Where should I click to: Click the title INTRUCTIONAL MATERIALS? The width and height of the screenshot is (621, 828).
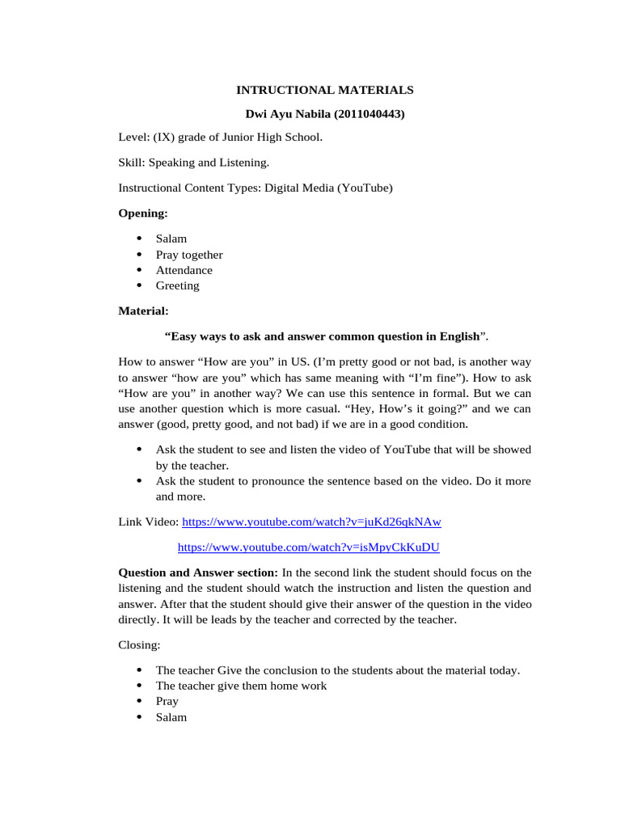pos(324,91)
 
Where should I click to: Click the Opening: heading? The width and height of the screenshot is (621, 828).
pos(143,213)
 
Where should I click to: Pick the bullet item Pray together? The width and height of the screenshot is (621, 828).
pos(189,255)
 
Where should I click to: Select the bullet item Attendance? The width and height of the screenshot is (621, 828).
pos(184,270)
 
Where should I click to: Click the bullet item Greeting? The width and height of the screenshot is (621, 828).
pos(177,285)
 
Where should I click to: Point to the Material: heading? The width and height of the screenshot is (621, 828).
pos(144,310)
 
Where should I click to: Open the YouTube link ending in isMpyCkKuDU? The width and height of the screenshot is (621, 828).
pos(308,547)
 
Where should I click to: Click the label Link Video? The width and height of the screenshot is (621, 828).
pos(149,522)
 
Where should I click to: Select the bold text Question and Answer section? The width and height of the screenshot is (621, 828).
pos(198,572)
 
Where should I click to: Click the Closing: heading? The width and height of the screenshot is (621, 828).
pos(140,645)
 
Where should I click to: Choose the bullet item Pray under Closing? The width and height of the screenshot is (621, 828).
pos(167,701)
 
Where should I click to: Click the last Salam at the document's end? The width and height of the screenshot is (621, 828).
pos(171,717)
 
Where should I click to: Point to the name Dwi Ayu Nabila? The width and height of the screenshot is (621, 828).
pos(285,115)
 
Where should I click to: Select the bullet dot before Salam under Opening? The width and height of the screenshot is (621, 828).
pos(139,239)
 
